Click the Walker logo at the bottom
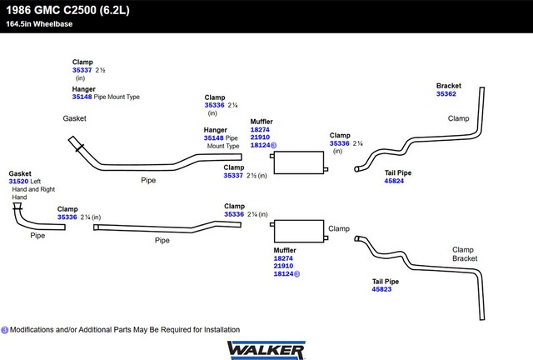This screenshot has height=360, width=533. [266, 351]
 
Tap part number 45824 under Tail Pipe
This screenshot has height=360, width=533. [394, 181]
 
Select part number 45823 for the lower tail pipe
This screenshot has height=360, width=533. [381, 289]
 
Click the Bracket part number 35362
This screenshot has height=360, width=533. [446, 94]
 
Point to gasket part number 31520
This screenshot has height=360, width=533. [18, 182]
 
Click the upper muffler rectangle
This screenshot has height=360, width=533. [299, 162]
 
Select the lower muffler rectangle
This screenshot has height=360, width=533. [299, 232]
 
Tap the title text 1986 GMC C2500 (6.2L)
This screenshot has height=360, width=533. [67, 10]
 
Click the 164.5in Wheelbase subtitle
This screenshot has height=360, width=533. [39, 24]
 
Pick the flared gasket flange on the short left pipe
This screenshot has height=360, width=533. [17, 206]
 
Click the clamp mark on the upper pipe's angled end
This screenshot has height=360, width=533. [80, 148]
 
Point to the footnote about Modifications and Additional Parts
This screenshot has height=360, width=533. [125, 330]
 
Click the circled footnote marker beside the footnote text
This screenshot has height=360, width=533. [5, 330]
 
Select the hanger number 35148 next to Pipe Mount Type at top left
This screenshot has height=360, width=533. [82, 97]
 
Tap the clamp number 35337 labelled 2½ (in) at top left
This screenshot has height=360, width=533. [82, 70]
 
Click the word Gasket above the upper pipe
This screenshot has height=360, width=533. [74, 118]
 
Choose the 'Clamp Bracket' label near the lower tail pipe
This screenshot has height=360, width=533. [465, 254]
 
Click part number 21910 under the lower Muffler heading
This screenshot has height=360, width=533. [283, 266]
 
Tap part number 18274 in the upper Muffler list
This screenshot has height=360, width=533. [260, 130]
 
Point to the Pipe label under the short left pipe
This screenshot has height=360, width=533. [37, 236]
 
